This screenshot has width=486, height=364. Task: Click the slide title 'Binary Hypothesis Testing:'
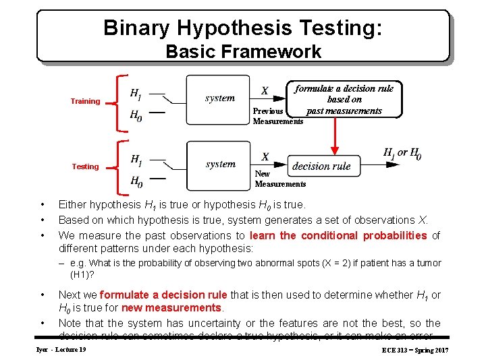243,28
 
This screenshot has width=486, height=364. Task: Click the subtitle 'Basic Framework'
243,51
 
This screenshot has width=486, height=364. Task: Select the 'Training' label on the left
85,101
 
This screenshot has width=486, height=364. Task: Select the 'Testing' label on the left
85,166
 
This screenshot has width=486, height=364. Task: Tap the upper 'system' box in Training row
219,98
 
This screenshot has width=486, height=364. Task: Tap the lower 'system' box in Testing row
219,164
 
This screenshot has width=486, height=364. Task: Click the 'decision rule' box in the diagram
321,166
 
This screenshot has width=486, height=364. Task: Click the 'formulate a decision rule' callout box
344,100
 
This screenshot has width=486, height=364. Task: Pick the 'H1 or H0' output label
402,153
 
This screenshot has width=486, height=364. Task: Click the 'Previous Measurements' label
277,116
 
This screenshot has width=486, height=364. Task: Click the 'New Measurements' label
279,179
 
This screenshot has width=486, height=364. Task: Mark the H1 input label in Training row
136,93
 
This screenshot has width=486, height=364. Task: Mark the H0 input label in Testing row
136,181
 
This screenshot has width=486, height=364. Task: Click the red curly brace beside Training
120,101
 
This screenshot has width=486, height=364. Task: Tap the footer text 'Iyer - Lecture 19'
61,350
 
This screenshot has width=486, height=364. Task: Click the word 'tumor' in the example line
427,263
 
